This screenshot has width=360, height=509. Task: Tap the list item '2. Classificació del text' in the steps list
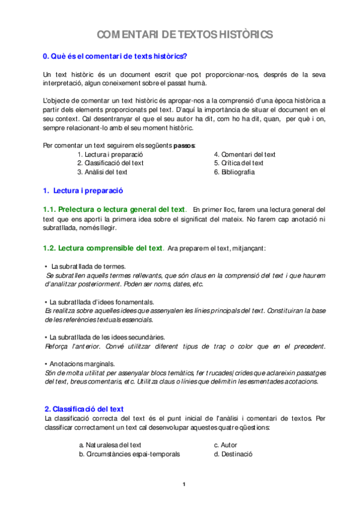[110, 163]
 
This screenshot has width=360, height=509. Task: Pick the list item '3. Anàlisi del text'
[102, 172]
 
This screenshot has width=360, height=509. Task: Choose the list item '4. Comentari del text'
[244, 154]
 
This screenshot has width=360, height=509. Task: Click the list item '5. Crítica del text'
[238, 163]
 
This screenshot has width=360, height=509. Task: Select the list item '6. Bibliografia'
[234, 172]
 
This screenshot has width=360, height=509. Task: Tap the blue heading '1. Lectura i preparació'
[83, 190]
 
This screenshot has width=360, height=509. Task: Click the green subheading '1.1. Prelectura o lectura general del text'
[113, 209]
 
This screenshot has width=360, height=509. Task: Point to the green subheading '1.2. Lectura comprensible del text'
[103, 248]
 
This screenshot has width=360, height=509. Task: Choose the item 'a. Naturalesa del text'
[110, 445]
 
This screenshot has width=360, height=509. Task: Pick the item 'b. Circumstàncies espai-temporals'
[129, 454]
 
